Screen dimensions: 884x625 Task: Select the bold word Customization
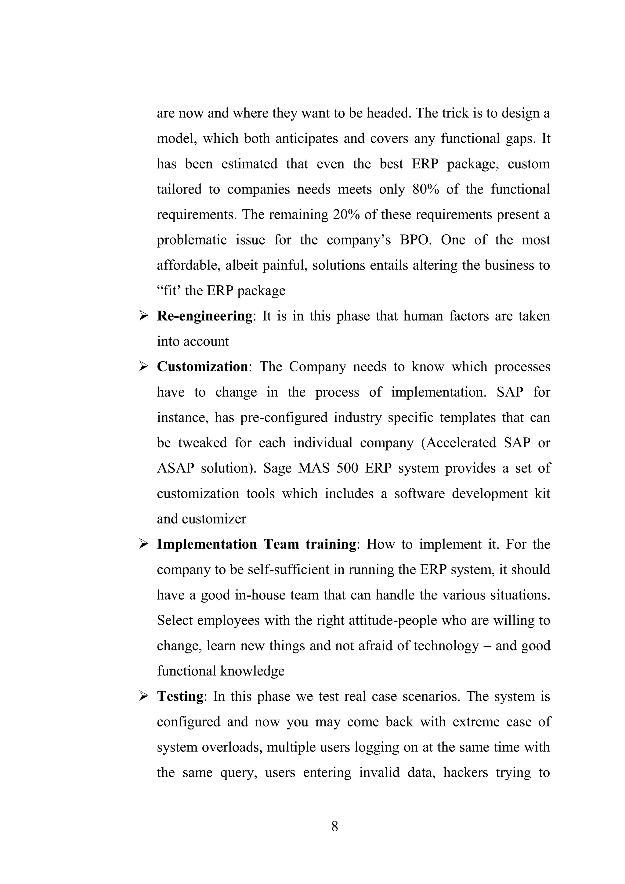click(202, 367)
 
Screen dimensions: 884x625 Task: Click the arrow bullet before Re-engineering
click(143, 316)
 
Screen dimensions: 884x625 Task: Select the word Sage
click(277, 468)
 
